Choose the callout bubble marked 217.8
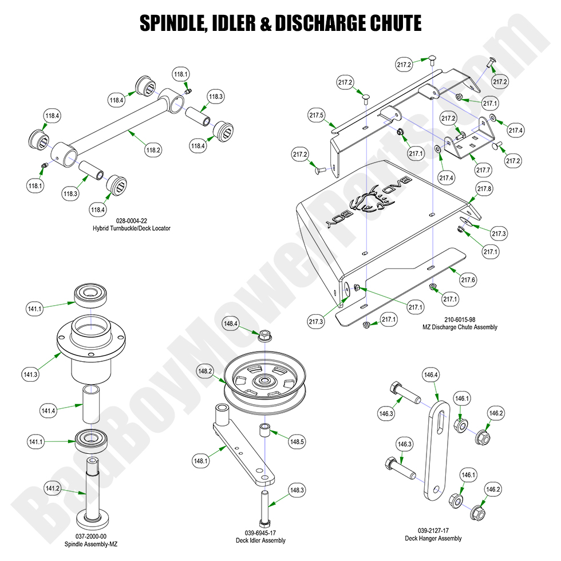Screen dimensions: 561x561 point(484,188)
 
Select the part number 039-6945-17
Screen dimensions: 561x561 point(260,532)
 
